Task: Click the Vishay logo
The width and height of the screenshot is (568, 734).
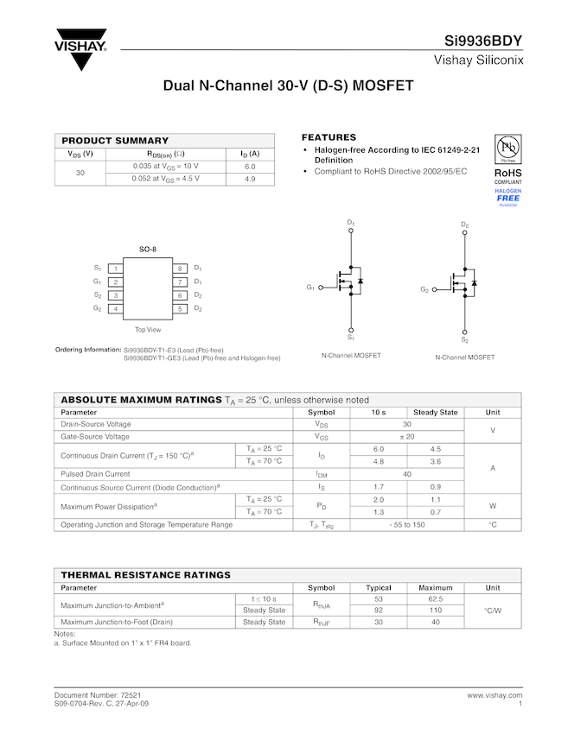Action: (x=80, y=51)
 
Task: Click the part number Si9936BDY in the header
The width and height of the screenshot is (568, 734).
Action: (x=483, y=41)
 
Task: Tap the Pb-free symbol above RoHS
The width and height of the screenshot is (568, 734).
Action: (x=507, y=149)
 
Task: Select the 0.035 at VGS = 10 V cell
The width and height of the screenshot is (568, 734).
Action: (x=165, y=166)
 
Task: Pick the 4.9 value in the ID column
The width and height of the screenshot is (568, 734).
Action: (x=250, y=179)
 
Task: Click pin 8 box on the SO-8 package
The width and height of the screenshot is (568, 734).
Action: (x=180, y=269)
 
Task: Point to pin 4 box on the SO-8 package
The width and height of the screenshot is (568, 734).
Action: (x=116, y=308)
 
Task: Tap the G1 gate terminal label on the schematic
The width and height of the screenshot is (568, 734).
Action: (x=310, y=287)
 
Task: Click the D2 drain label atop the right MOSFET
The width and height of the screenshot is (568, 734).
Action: (x=464, y=225)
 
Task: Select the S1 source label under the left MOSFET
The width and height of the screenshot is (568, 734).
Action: (x=351, y=338)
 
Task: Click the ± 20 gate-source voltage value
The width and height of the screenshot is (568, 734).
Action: (x=406, y=437)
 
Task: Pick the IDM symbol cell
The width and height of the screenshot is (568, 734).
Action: (x=322, y=474)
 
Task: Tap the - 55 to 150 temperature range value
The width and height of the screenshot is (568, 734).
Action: (x=406, y=524)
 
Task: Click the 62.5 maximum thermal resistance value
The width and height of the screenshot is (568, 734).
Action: (x=435, y=598)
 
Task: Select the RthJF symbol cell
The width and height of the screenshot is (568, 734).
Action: (x=322, y=622)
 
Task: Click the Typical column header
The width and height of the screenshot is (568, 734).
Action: (x=379, y=587)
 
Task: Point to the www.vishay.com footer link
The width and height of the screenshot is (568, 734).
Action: (x=495, y=694)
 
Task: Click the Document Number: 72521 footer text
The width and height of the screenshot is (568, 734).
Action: (x=98, y=694)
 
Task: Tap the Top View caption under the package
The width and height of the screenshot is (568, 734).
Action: (x=148, y=329)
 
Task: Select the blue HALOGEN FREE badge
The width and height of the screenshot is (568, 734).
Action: (x=508, y=196)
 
